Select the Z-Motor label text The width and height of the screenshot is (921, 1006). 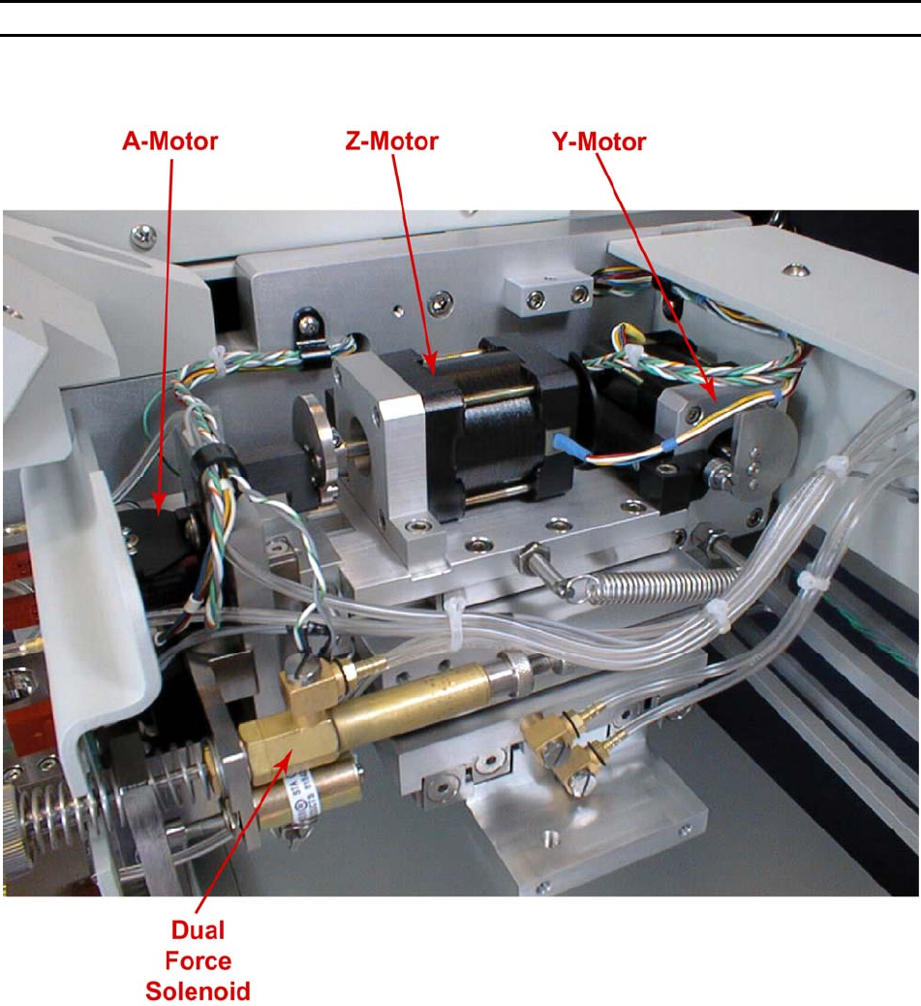(392, 142)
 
